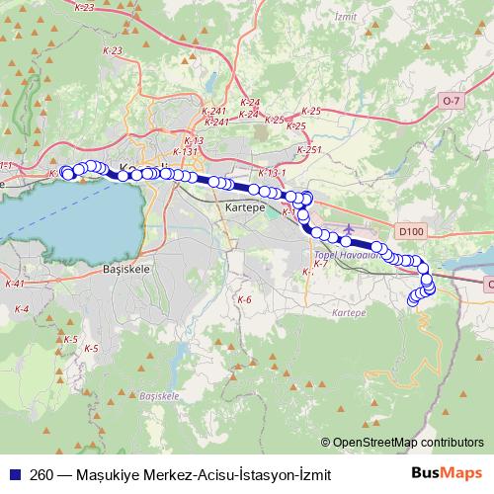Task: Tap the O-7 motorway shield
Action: click(x=453, y=101)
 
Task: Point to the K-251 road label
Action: click(x=313, y=149)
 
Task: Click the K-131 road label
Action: click(x=185, y=152)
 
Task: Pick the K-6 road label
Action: click(x=245, y=299)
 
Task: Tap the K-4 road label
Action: click(x=23, y=309)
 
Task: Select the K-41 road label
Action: click(x=13, y=284)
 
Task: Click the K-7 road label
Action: click(x=320, y=265)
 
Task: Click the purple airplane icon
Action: click(x=348, y=230)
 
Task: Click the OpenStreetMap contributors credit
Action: click(x=408, y=443)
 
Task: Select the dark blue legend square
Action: click(x=14, y=475)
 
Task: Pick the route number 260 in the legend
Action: click(x=41, y=475)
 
